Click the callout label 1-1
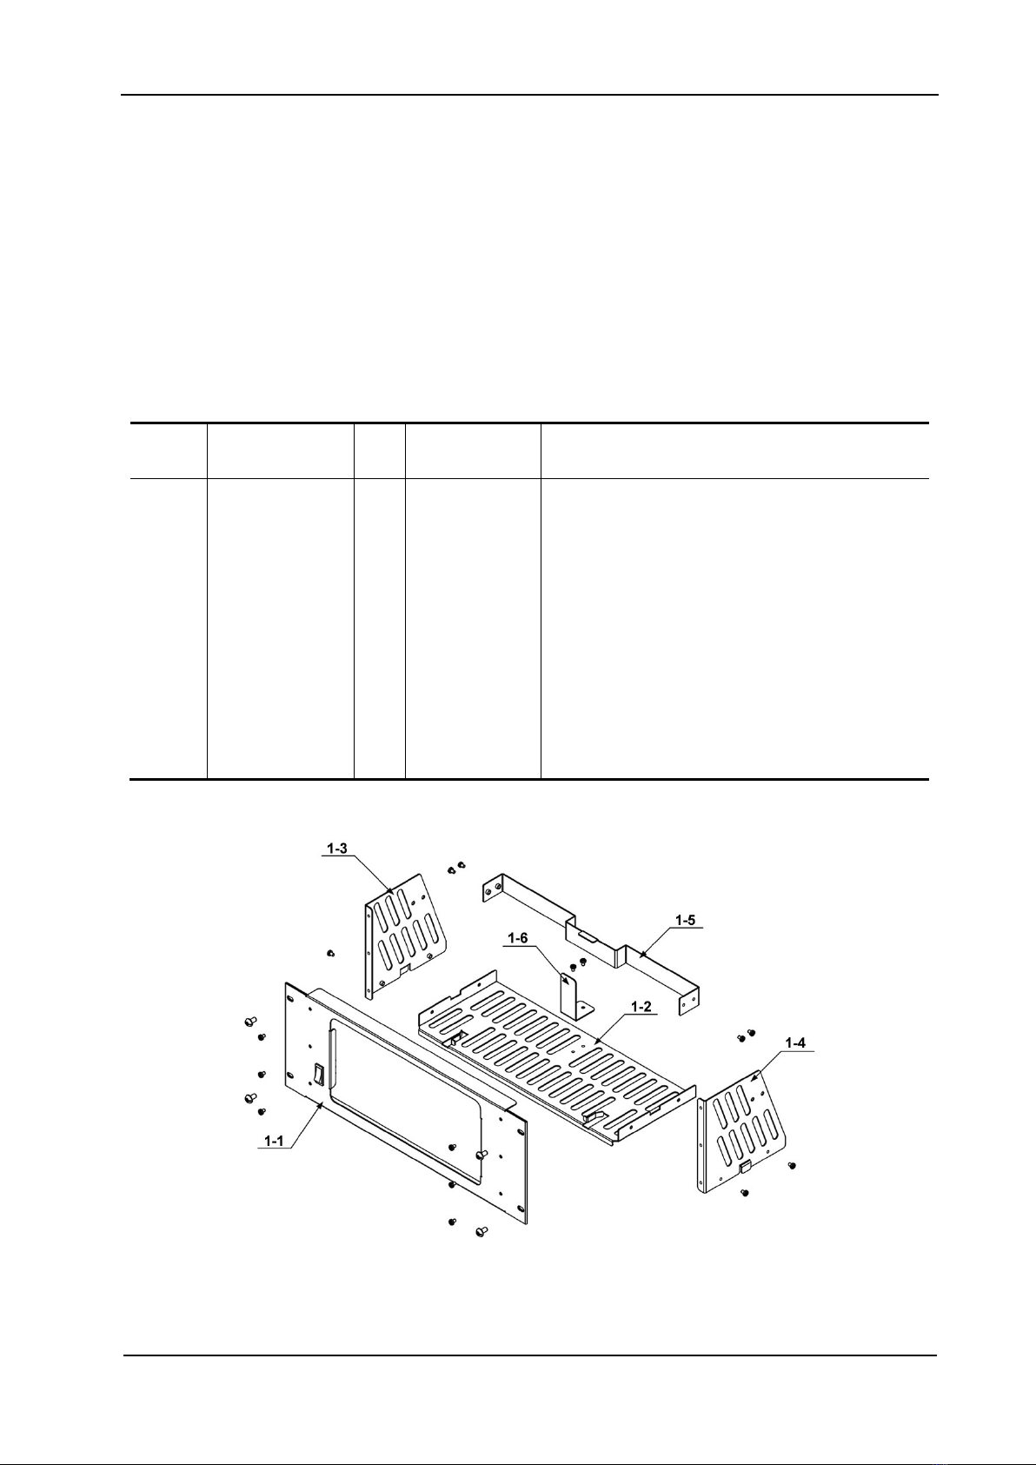(x=275, y=1141)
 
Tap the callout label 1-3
(x=340, y=848)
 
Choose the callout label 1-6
(x=518, y=938)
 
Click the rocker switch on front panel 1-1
(x=318, y=1075)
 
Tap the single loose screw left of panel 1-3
(x=331, y=953)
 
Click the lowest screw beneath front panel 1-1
(x=482, y=1230)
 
